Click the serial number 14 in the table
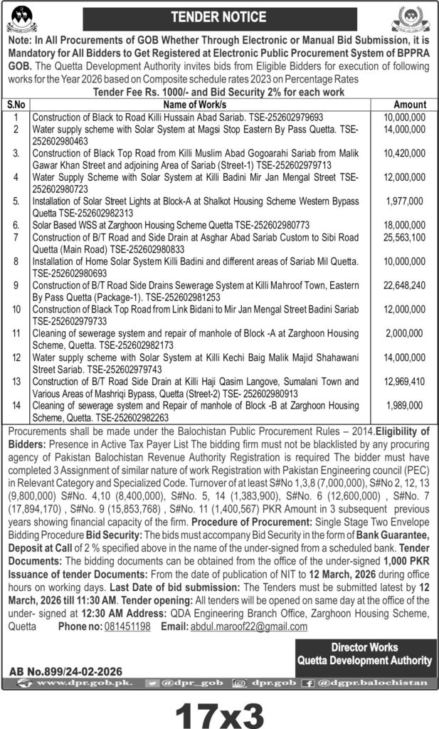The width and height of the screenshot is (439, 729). (x=16, y=404)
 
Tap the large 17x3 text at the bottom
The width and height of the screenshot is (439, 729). (x=219, y=710)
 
